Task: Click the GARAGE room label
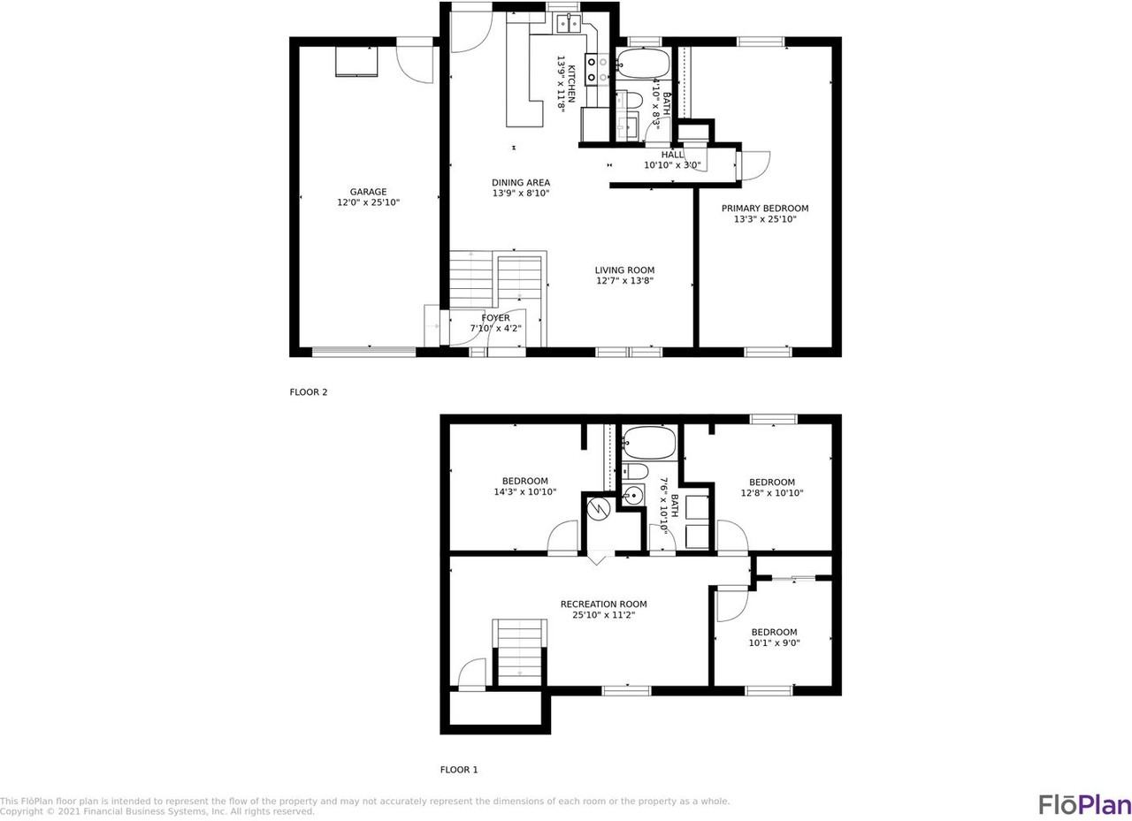368,192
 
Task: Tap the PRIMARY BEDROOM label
765,208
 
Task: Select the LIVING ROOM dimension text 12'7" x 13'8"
624,281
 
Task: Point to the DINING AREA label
521,183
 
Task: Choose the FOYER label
495,317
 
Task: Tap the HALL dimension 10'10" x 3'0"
671,164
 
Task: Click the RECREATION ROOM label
603,604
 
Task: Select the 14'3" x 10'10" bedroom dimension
524,491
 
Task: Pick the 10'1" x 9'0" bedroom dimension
774,642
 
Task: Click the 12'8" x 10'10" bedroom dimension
772,493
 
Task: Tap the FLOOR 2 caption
309,391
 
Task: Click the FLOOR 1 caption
458,770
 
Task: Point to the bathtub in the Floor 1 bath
648,442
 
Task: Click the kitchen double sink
568,24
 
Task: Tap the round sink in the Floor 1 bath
631,495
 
